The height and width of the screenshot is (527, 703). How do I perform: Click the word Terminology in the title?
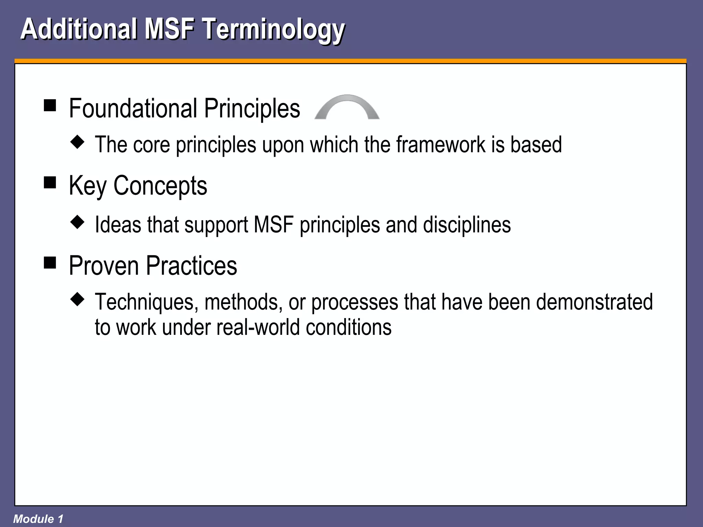point(274,30)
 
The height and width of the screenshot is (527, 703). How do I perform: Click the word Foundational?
point(133,108)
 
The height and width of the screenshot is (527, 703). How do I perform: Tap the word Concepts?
point(160,186)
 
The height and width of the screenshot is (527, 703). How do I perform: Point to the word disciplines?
point(466,225)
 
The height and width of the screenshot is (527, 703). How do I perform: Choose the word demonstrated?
point(594,302)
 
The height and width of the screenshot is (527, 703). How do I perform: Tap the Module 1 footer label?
point(38,519)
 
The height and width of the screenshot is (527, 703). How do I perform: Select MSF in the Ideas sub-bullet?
point(274,225)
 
